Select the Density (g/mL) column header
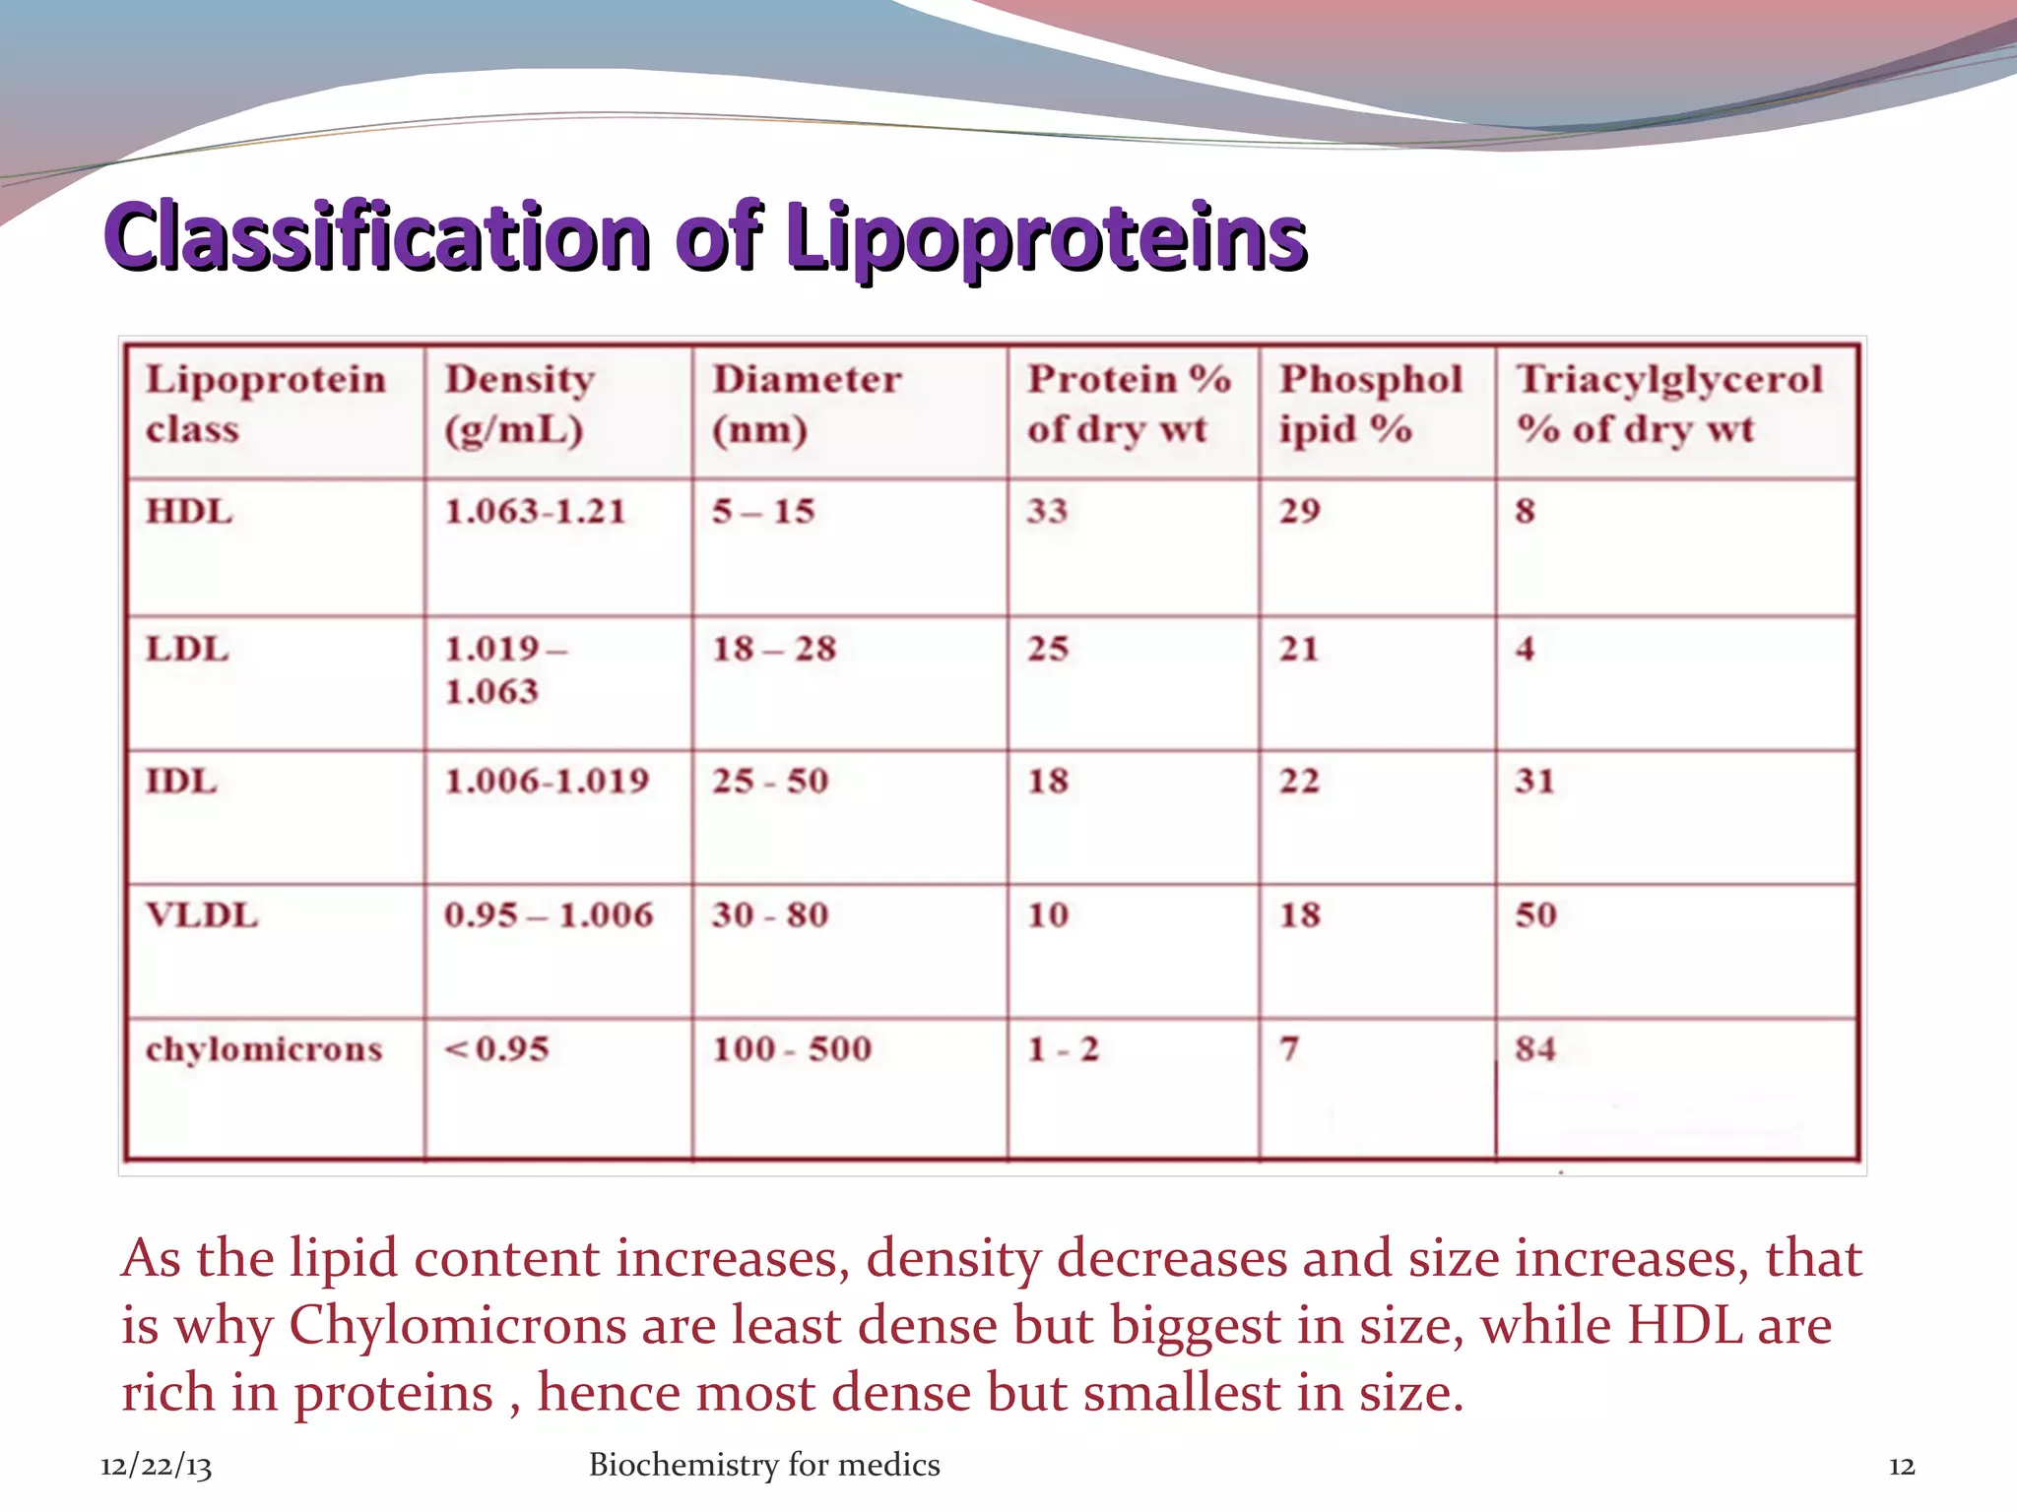519,404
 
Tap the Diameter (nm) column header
807,404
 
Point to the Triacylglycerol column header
1669,404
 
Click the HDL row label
189,511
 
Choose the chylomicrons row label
264,1049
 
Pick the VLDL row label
202,914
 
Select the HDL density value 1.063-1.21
535,511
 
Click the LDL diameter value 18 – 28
774,649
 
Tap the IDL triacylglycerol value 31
1534,781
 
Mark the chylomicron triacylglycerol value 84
1535,1049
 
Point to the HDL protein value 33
1047,511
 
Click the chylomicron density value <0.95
496,1049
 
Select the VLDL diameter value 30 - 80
770,914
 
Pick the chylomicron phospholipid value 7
1289,1049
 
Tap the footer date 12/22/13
156,1466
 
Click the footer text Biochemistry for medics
764,1465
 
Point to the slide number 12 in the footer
1902,1466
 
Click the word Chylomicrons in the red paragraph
458,1325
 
